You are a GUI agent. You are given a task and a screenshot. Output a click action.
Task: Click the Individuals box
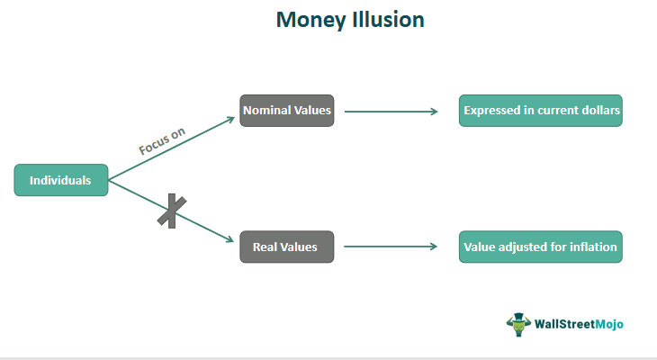(x=60, y=180)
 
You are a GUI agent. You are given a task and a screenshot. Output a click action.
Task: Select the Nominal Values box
(x=286, y=111)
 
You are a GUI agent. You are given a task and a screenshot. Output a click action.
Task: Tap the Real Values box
(x=286, y=246)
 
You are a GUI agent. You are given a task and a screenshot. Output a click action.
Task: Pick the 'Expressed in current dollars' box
(x=540, y=111)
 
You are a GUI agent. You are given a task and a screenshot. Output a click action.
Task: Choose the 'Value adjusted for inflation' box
(x=540, y=246)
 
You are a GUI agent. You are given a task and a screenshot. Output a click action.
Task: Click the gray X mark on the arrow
(x=167, y=211)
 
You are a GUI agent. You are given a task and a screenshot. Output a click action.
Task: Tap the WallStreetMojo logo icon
(x=517, y=323)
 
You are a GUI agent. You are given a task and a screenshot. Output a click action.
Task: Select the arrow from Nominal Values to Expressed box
(x=391, y=112)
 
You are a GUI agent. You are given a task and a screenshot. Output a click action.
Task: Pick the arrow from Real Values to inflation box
(x=391, y=246)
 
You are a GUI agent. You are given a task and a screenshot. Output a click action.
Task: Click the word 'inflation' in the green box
(x=592, y=246)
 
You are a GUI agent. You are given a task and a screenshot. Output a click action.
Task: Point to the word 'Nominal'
(x=265, y=111)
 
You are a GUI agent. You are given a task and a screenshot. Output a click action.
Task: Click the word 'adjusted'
(x=525, y=246)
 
